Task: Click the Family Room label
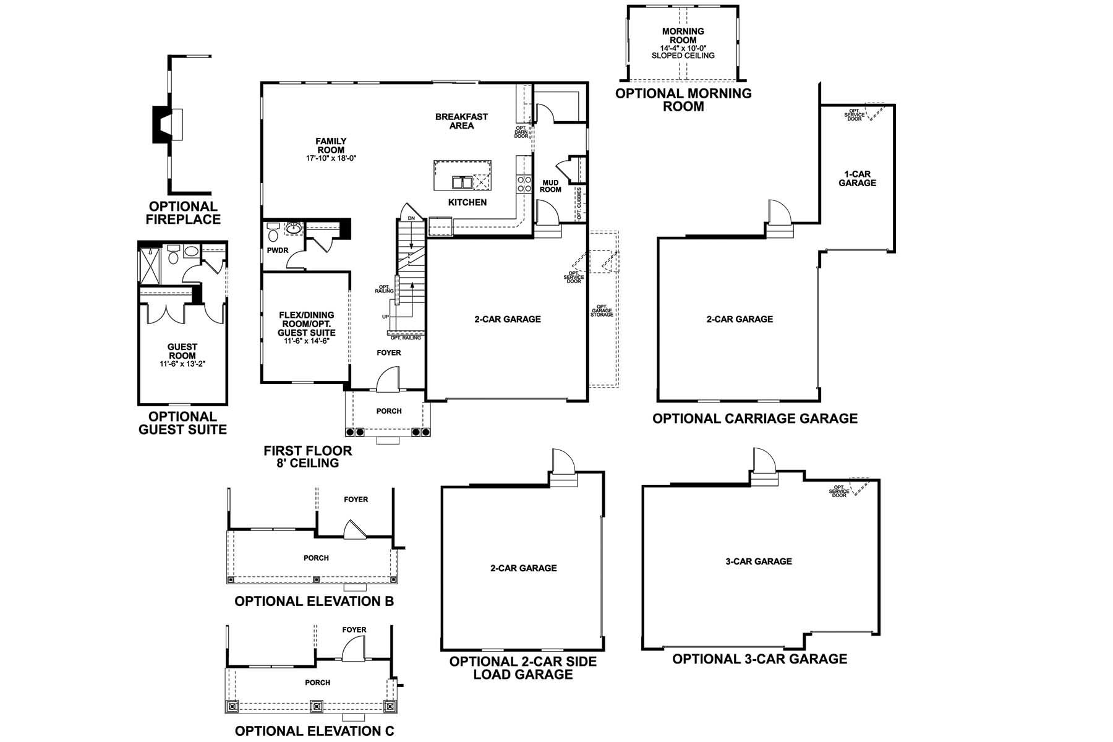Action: (x=331, y=146)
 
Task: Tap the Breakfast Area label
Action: (x=461, y=121)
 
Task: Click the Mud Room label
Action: (x=550, y=186)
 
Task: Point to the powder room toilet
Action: (x=273, y=233)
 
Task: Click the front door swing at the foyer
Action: (x=388, y=379)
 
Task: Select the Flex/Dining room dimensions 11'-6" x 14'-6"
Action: (x=306, y=341)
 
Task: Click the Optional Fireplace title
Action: (x=183, y=213)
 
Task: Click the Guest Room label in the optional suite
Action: (x=182, y=351)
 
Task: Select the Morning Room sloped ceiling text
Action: (x=683, y=56)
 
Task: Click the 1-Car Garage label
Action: (x=857, y=179)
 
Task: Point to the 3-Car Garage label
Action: (x=759, y=561)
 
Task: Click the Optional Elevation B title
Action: (x=313, y=601)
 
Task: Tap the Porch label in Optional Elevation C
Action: (x=317, y=683)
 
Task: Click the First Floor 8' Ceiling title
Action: (x=307, y=457)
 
